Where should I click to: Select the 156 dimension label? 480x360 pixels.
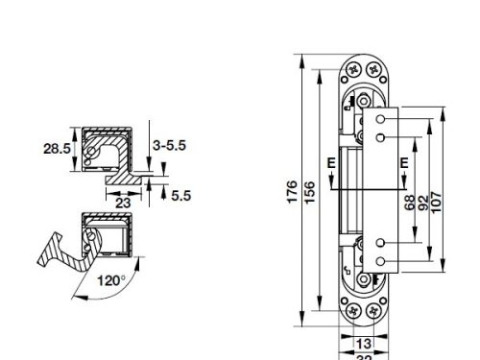(308, 192)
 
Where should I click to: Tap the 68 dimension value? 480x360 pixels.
(410, 204)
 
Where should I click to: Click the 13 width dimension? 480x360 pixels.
(365, 343)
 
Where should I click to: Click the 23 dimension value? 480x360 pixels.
(124, 203)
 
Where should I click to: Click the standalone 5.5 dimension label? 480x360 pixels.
(181, 195)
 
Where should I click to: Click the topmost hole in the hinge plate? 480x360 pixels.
(382, 119)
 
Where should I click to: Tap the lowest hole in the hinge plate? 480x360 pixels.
(382, 261)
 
